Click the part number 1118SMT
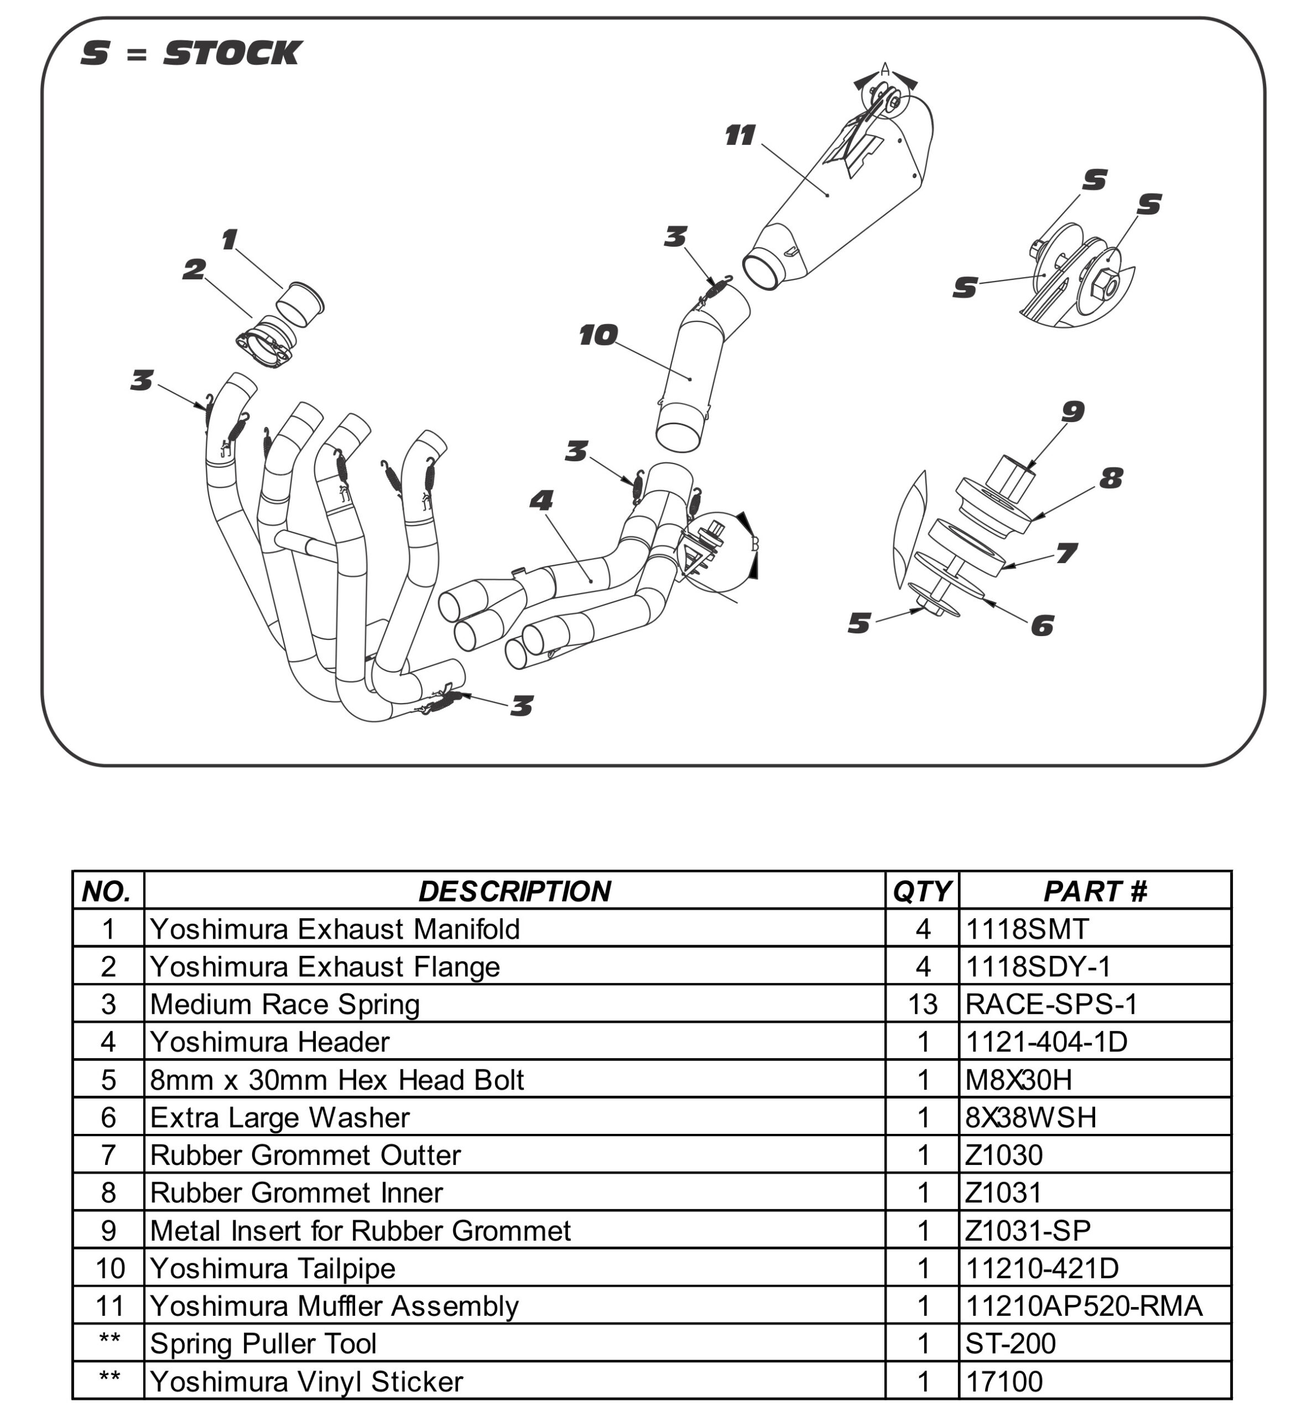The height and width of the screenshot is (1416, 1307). pos(1027,929)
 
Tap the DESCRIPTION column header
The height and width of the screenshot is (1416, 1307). pos(514,891)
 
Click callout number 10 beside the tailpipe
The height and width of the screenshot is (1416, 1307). pos(598,335)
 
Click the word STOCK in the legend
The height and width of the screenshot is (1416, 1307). pos(233,54)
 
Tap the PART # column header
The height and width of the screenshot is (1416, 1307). pos(1095,891)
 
